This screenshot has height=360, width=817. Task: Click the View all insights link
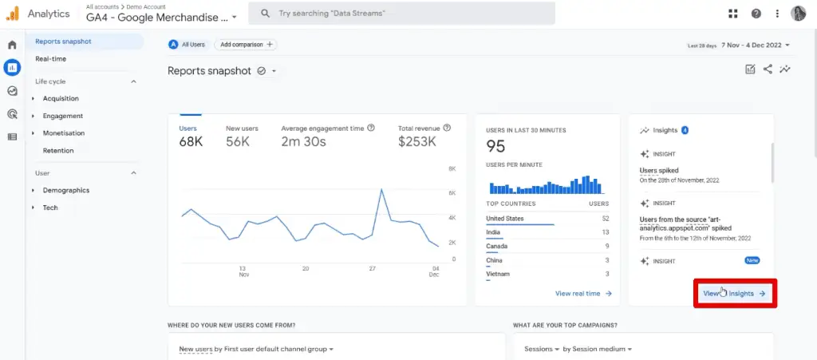(735, 294)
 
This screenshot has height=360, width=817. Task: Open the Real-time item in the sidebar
(50, 59)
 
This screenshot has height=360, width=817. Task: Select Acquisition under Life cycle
(61, 98)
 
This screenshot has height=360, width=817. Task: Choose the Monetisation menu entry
(63, 133)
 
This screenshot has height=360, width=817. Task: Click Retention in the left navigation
(58, 151)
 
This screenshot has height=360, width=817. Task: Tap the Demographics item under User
(65, 191)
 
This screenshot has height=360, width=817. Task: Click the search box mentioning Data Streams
(401, 14)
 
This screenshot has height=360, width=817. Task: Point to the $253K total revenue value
(417, 142)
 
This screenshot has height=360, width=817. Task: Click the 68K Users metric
(191, 142)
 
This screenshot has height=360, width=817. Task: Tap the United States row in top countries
(504, 219)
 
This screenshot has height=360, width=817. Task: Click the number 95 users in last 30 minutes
(495, 146)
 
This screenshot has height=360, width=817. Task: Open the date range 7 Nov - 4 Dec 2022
(754, 45)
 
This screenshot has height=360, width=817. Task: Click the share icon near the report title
(768, 69)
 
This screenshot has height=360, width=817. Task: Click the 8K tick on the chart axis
(452, 169)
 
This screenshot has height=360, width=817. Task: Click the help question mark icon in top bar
(756, 14)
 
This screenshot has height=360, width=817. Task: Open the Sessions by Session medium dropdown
(578, 349)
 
